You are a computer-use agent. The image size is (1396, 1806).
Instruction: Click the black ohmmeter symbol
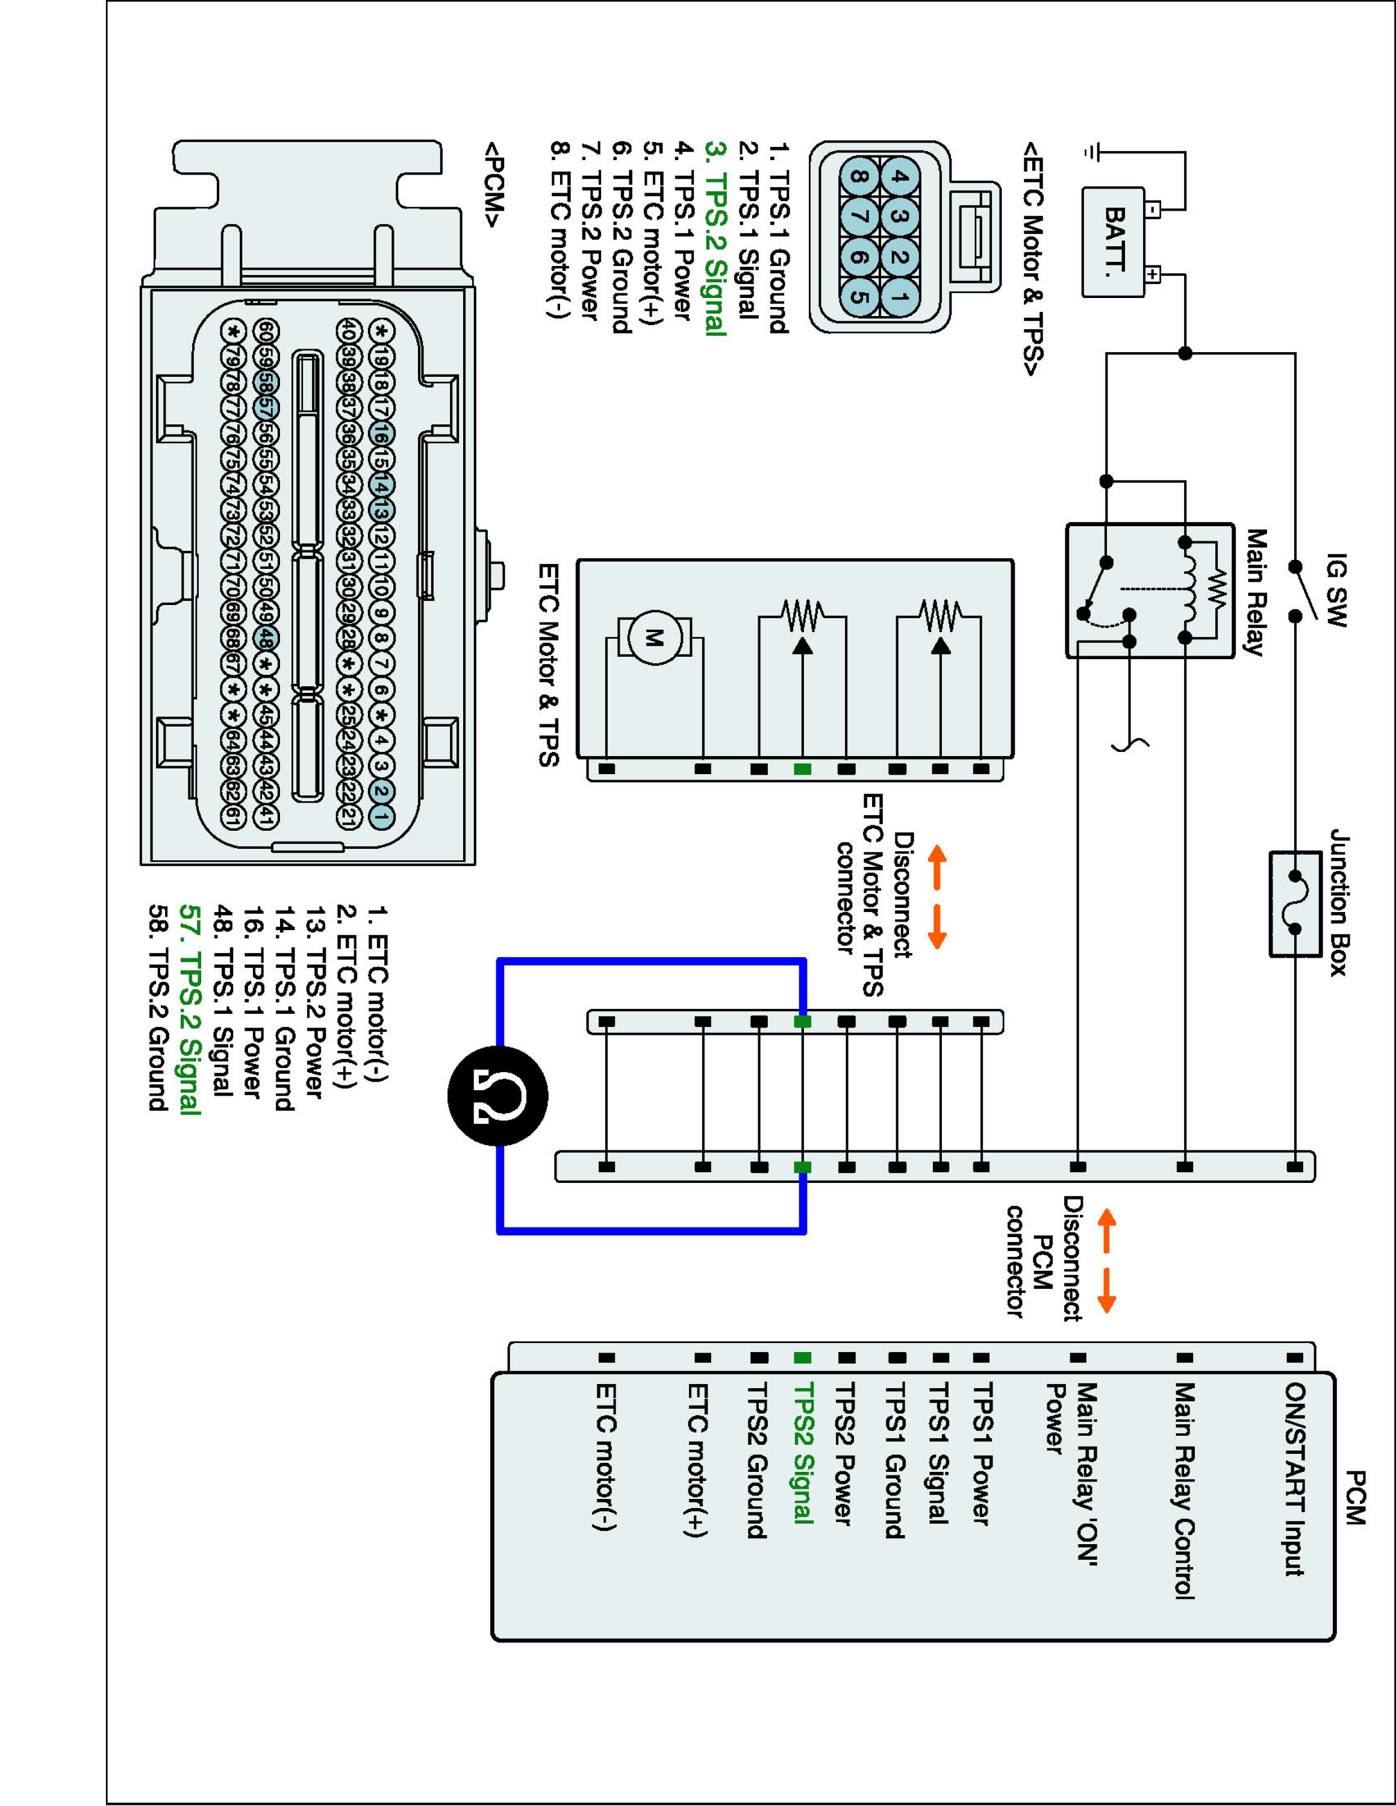click(x=498, y=1096)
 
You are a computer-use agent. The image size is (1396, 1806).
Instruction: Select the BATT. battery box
click(x=1114, y=241)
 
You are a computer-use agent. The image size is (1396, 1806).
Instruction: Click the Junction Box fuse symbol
click(x=1295, y=904)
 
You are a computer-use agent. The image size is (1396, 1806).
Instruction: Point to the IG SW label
click(x=1336, y=591)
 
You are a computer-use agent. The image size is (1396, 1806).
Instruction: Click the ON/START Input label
click(x=1295, y=1480)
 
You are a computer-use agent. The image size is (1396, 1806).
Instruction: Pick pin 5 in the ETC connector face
click(x=859, y=298)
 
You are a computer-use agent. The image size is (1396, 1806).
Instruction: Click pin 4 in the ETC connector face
click(x=900, y=176)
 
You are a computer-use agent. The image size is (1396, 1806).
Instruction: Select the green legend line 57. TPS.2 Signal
click(x=189, y=1011)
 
